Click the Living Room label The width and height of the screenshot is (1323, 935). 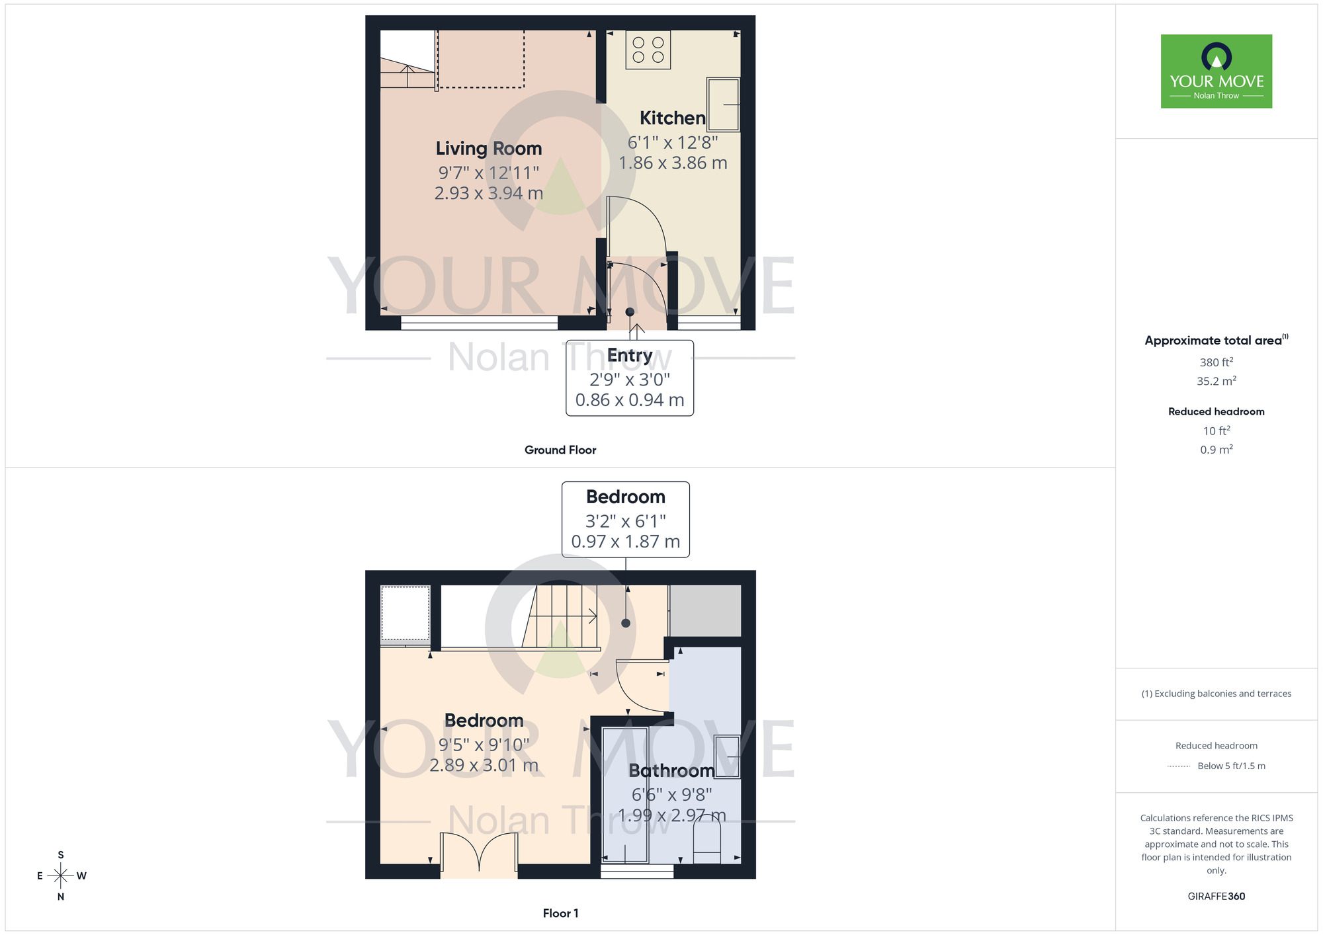click(x=488, y=149)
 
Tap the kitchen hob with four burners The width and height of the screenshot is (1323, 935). click(x=648, y=50)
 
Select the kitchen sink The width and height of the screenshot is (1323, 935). click(x=723, y=104)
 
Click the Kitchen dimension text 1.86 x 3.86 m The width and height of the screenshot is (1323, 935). click(x=673, y=163)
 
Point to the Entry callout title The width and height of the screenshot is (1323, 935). click(x=630, y=356)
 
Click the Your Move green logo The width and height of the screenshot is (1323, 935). click(x=1216, y=71)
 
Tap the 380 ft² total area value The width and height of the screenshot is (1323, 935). click(x=1216, y=362)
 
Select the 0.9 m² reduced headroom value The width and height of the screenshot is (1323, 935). click(x=1216, y=450)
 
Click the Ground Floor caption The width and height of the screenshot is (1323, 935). click(x=560, y=450)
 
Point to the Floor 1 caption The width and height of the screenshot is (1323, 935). click(x=560, y=913)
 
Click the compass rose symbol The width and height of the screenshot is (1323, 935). click(x=61, y=876)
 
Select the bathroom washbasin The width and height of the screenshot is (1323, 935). click(x=728, y=756)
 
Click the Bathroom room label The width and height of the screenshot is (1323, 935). click(x=671, y=771)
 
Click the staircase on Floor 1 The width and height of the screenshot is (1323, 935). click(x=562, y=617)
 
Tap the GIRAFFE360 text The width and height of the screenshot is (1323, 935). click(x=1216, y=897)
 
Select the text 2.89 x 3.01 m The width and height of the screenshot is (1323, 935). click(x=484, y=766)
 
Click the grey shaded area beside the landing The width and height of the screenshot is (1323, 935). click(x=705, y=610)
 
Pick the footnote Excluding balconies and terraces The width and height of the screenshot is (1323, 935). click(x=1216, y=694)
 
